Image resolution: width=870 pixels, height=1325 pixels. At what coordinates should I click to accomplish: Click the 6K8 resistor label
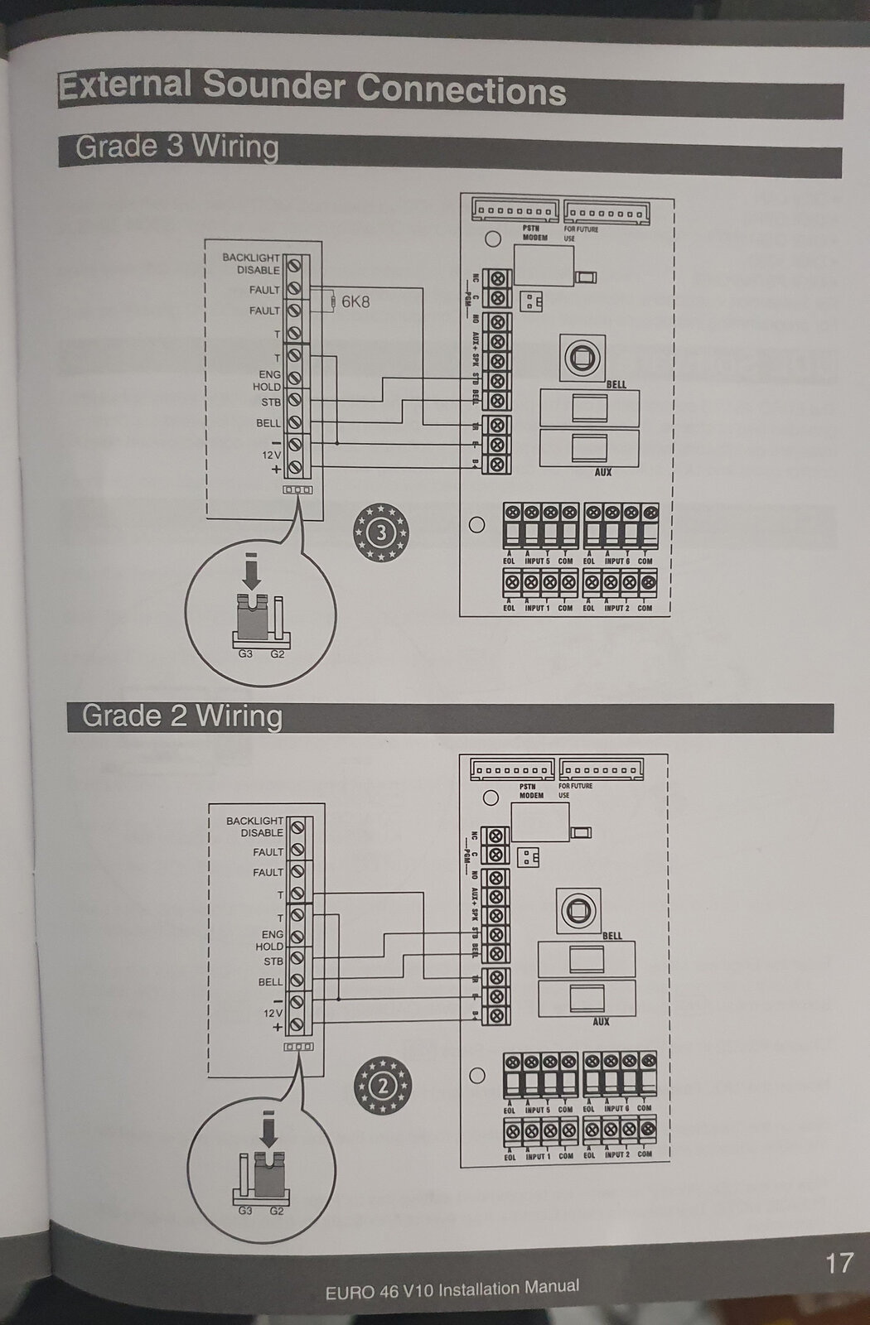coord(355,301)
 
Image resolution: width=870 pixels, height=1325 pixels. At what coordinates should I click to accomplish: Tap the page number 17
coord(839,1263)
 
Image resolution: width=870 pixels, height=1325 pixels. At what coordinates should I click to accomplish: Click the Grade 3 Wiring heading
coord(176,147)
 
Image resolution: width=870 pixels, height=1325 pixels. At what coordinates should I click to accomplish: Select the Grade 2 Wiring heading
coord(181,715)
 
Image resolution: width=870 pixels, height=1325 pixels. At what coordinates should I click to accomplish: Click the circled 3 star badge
coord(381,532)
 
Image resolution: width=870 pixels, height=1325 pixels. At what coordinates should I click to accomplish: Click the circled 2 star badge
coord(382,1086)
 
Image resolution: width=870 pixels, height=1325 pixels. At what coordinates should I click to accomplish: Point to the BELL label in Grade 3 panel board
coord(616,385)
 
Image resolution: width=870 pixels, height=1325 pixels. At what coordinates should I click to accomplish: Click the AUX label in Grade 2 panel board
coord(601,1022)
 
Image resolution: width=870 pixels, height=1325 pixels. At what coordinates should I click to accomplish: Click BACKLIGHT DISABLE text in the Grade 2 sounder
coord(255,826)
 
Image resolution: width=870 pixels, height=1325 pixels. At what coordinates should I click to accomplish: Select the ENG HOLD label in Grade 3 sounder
coord(267,380)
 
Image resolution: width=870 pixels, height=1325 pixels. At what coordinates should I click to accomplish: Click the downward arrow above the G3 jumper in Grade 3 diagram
coord(253,571)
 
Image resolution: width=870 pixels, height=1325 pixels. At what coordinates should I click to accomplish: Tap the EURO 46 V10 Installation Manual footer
coord(452,1289)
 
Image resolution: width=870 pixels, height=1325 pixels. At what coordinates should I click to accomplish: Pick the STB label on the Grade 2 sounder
coord(273,961)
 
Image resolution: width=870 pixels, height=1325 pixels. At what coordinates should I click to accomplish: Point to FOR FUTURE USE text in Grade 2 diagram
coord(576,790)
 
